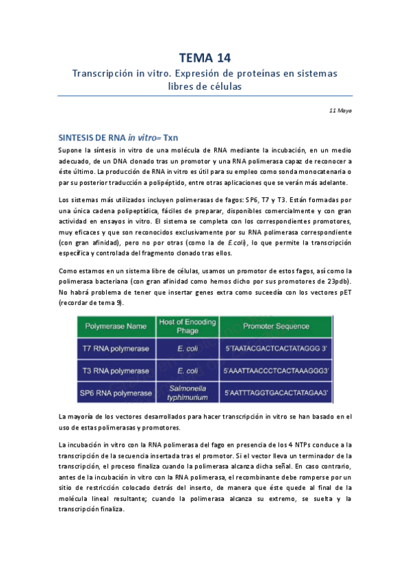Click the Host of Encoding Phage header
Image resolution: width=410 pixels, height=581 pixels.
tap(187, 326)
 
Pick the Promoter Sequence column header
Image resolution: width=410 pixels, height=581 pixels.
tap(276, 326)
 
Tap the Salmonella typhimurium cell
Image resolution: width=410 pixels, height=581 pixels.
tap(187, 393)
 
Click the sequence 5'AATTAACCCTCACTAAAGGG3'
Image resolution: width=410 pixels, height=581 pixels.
tap(277, 371)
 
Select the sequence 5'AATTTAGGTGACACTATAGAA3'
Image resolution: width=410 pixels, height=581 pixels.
tap(277, 393)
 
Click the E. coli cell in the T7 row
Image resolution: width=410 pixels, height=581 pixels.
tap(187, 349)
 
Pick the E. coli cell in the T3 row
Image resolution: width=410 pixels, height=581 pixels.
tap(187, 371)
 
